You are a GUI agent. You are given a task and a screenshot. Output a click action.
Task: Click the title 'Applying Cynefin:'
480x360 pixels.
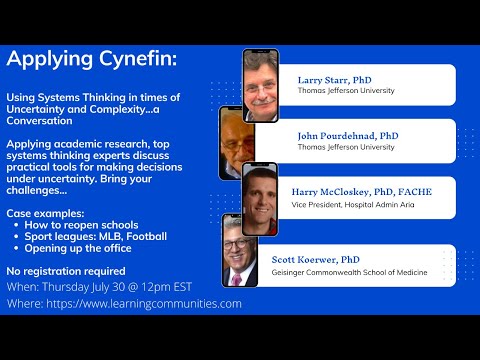click(91, 60)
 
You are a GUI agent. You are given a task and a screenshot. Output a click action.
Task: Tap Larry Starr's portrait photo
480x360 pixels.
click(261, 85)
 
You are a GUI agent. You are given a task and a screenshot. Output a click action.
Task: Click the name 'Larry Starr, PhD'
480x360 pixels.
click(334, 78)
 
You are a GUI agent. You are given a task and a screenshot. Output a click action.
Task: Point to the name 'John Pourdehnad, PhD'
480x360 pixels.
click(347, 134)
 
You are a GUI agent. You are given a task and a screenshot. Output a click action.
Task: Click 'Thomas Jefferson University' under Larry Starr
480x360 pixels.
click(346, 91)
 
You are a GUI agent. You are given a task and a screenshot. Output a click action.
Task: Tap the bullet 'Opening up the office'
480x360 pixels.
click(81, 249)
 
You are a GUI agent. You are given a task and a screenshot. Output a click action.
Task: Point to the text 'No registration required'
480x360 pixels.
click(66, 271)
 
